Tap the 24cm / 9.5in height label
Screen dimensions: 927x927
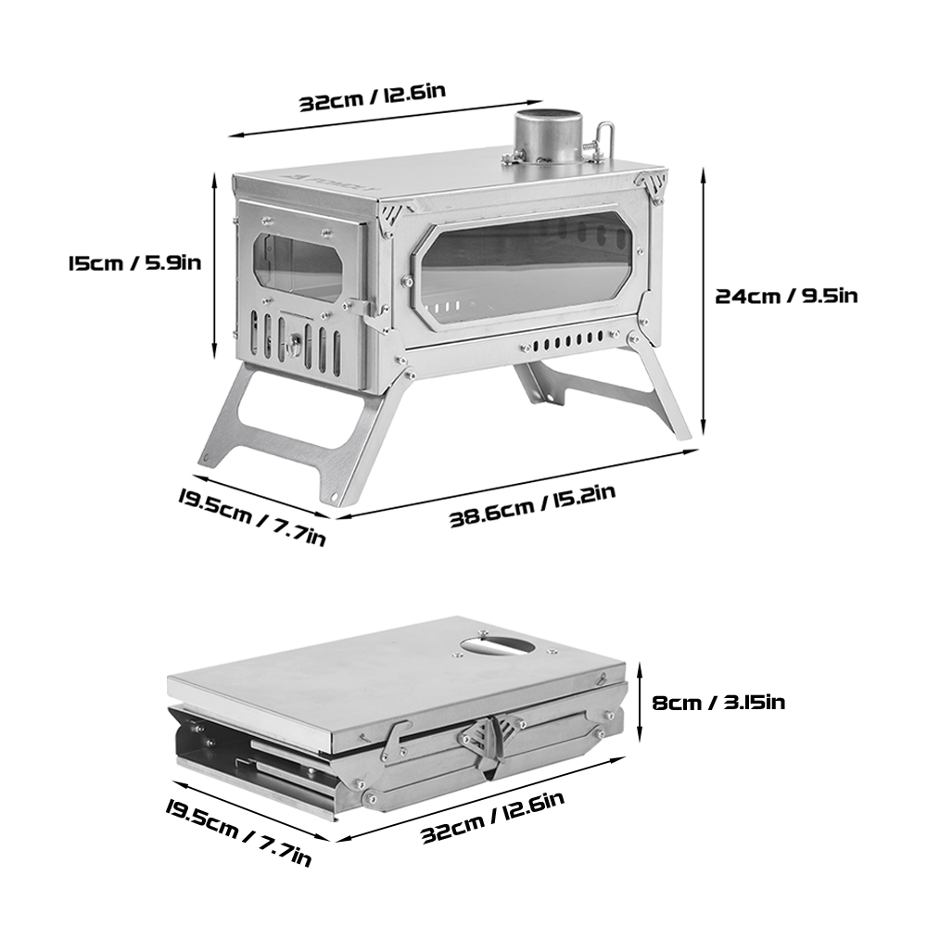(786, 296)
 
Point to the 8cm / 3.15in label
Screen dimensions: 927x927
(718, 702)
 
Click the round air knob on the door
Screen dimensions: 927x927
(296, 344)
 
